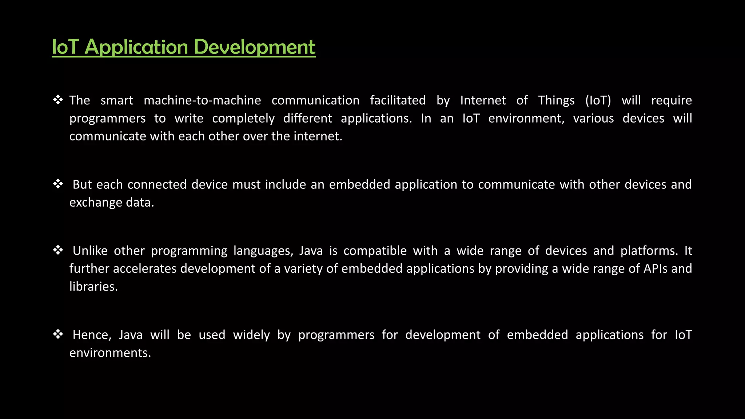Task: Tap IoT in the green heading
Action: (65, 47)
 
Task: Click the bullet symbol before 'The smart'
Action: (58, 100)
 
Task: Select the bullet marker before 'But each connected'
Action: (58, 184)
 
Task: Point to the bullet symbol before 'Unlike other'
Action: (58, 250)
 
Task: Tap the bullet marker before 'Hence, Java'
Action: (58, 334)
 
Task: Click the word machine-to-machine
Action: (202, 100)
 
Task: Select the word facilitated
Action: (398, 100)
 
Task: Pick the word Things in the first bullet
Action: (556, 100)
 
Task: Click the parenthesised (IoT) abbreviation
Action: (598, 100)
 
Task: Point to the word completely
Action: (243, 119)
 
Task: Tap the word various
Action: (593, 119)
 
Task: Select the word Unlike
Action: (90, 251)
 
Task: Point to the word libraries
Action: (93, 287)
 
